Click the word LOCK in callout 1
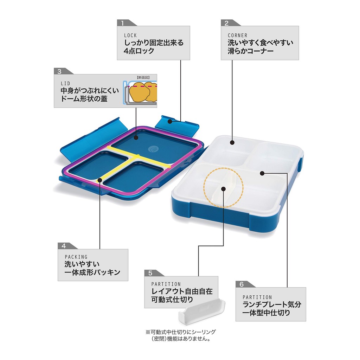(x=130, y=36)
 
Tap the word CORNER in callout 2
(x=237, y=36)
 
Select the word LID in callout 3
(x=65, y=83)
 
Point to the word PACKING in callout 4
(x=76, y=257)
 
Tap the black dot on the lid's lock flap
(x=170, y=121)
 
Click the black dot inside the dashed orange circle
(x=223, y=189)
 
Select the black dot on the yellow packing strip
(x=100, y=180)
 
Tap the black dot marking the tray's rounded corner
(x=232, y=142)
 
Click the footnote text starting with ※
(x=181, y=335)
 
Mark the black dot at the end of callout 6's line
(x=263, y=173)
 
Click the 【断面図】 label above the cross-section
(x=143, y=77)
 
